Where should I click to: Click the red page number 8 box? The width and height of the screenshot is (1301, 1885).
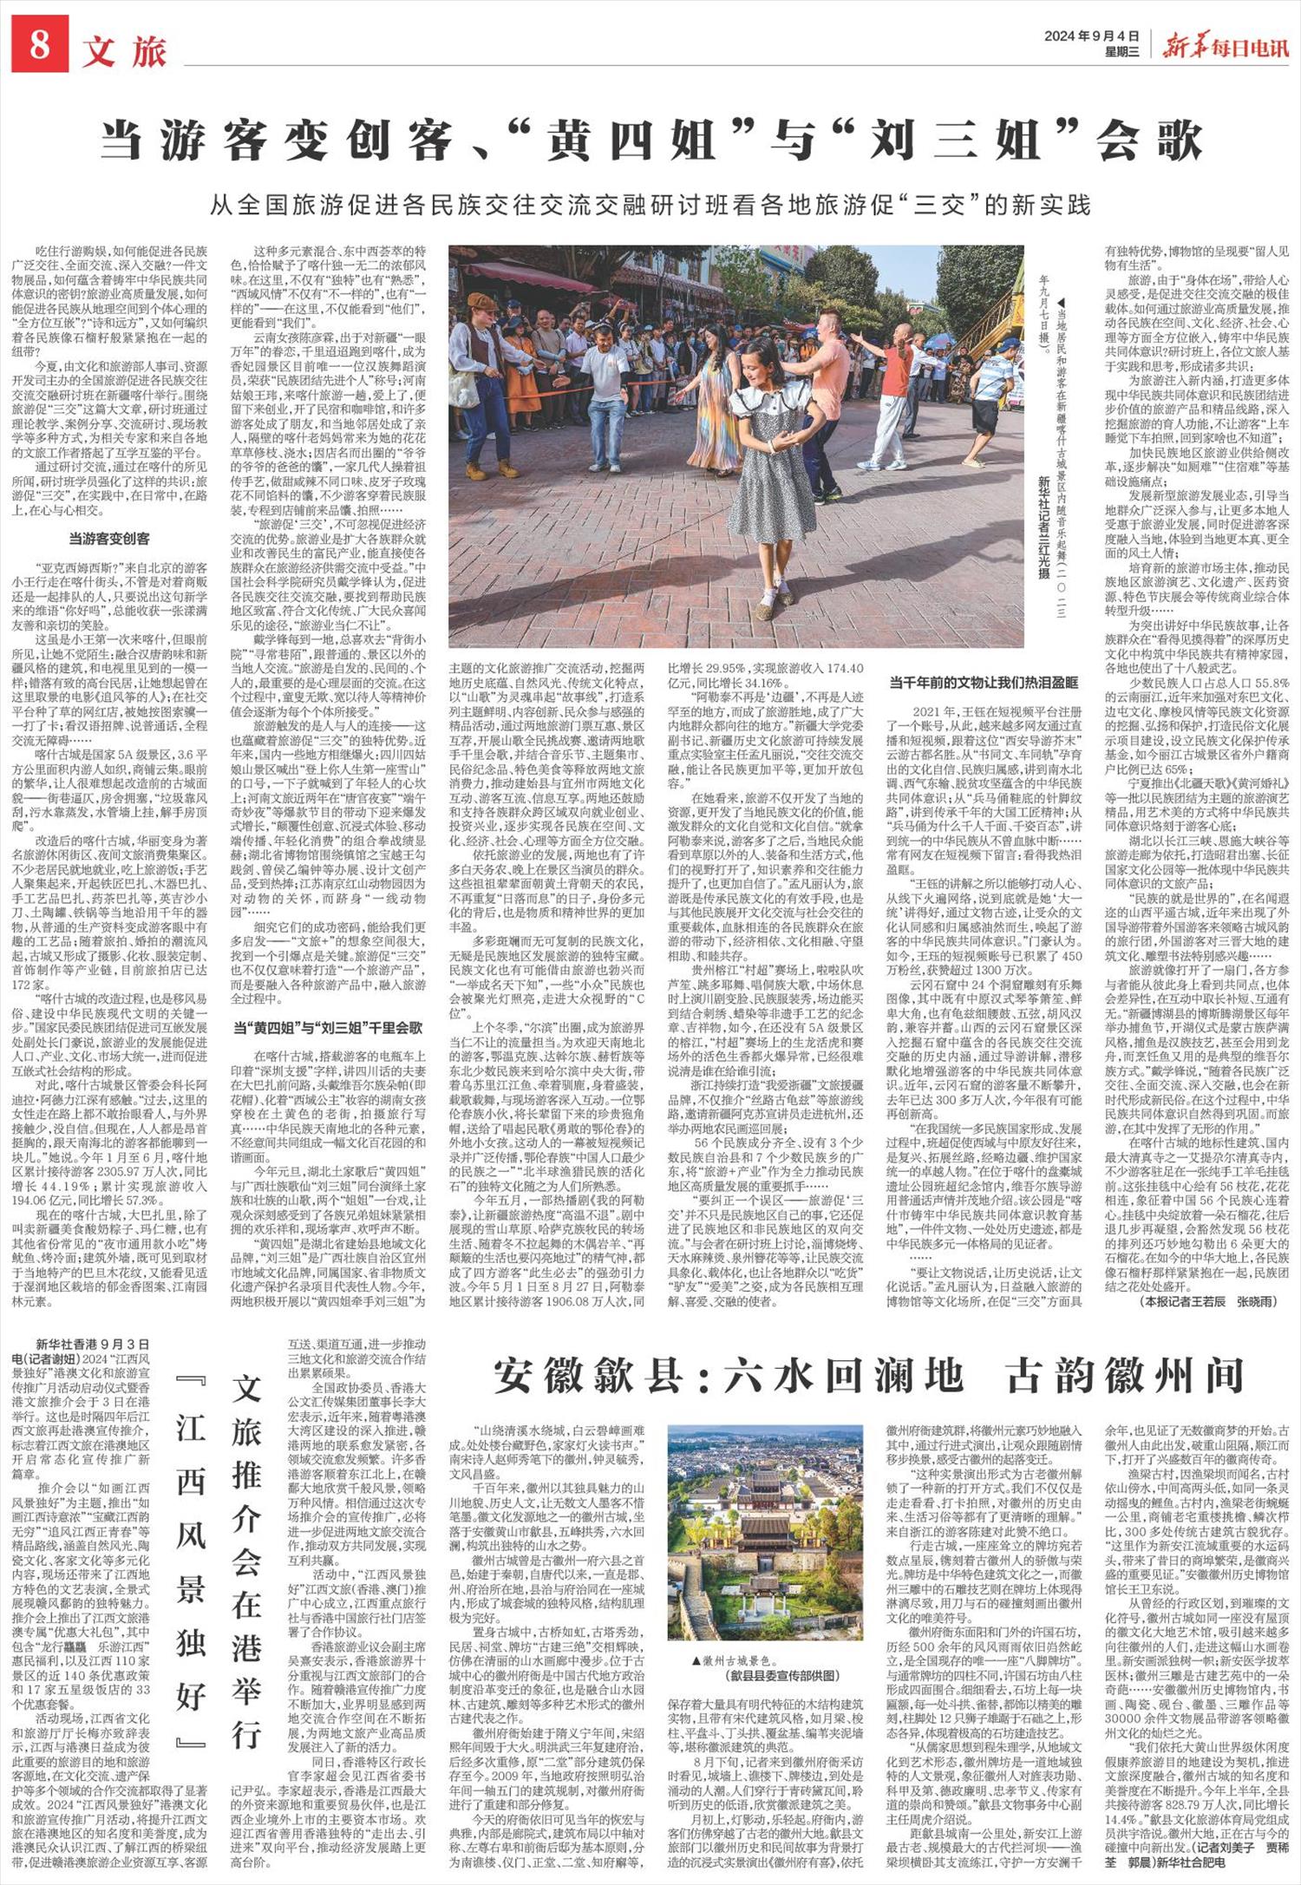click(40, 46)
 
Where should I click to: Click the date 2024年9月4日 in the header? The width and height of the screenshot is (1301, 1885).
click(1089, 36)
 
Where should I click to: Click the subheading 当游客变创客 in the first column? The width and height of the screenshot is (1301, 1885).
click(109, 538)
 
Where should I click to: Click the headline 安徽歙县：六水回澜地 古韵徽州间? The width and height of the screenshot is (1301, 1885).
click(869, 1376)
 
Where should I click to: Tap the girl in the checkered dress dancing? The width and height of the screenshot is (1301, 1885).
click(768, 459)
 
